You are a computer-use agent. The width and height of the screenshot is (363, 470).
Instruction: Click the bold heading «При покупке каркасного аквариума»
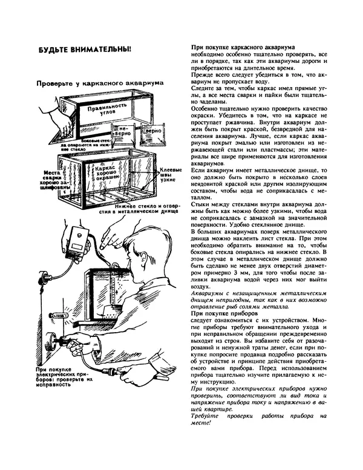242,46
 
